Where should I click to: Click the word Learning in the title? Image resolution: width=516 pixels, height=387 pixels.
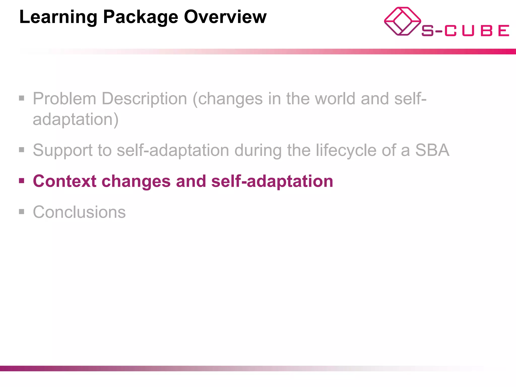[58, 17]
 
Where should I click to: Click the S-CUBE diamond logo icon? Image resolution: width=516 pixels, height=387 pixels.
[402, 21]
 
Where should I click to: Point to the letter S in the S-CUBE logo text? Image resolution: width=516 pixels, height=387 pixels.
[428, 31]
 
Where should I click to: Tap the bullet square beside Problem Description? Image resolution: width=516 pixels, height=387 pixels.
[22, 98]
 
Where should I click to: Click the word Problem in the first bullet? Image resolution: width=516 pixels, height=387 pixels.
[64, 99]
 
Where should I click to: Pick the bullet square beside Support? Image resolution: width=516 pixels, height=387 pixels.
[22, 150]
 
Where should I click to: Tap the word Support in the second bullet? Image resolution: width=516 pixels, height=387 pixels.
[63, 150]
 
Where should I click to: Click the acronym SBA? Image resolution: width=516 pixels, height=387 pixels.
[432, 150]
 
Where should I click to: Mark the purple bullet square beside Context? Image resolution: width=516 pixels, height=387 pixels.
[22, 181]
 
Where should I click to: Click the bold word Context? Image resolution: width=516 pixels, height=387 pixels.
[64, 181]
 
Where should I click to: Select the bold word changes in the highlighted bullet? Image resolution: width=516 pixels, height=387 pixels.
[136, 181]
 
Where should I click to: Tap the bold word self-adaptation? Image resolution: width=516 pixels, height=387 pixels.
[272, 181]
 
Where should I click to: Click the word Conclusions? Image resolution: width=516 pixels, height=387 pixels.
[79, 212]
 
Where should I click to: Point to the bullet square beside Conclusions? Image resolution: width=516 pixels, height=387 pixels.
[22, 212]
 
